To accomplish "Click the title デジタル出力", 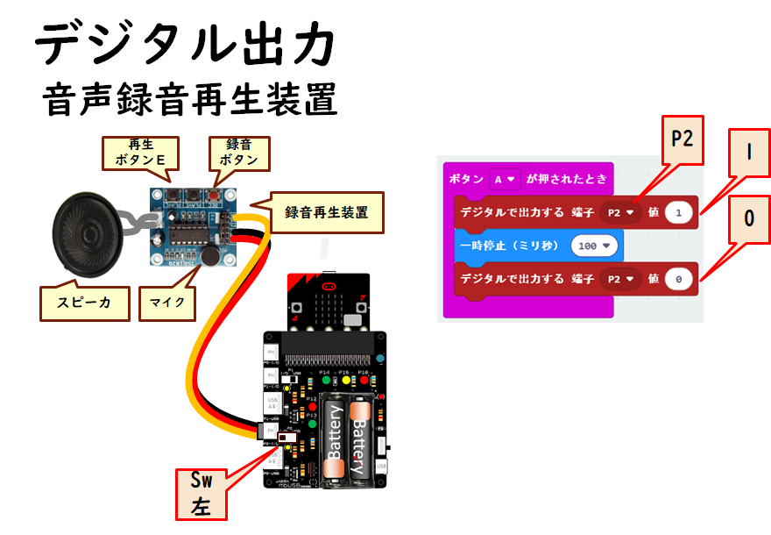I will [184, 44].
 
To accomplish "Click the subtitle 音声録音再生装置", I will [189, 99].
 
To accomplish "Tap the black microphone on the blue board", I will [210, 254].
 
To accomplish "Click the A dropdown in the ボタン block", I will [506, 178].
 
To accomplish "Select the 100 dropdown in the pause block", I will [595, 246].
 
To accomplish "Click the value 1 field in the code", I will [678, 212].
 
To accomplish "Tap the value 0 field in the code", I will [678, 279].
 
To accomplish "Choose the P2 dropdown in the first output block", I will [620, 212].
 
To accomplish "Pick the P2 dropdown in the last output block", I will [620, 279].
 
